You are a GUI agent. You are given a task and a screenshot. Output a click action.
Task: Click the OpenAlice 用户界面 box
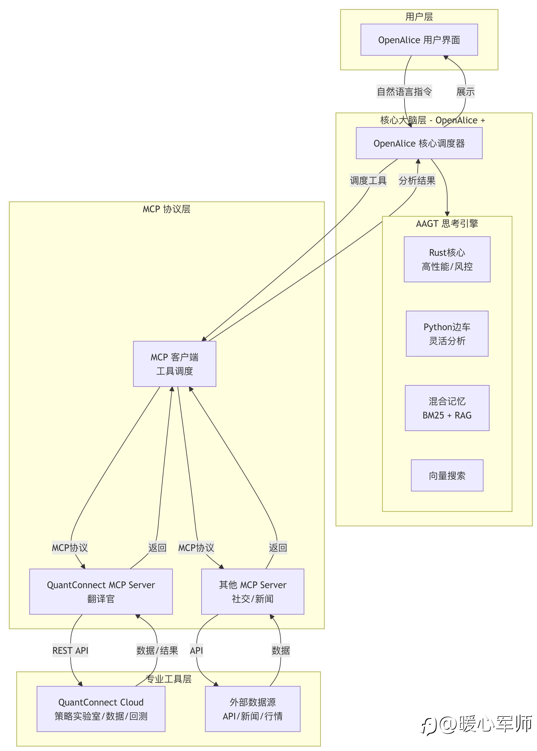tap(419, 40)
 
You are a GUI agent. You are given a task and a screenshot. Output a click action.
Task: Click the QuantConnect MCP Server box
tap(101, 591)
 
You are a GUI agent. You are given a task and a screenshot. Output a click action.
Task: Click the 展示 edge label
tap(465, 91)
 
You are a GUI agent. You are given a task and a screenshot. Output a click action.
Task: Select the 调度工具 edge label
tap(368, 180)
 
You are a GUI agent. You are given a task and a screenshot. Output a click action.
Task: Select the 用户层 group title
tap(419, 16)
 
